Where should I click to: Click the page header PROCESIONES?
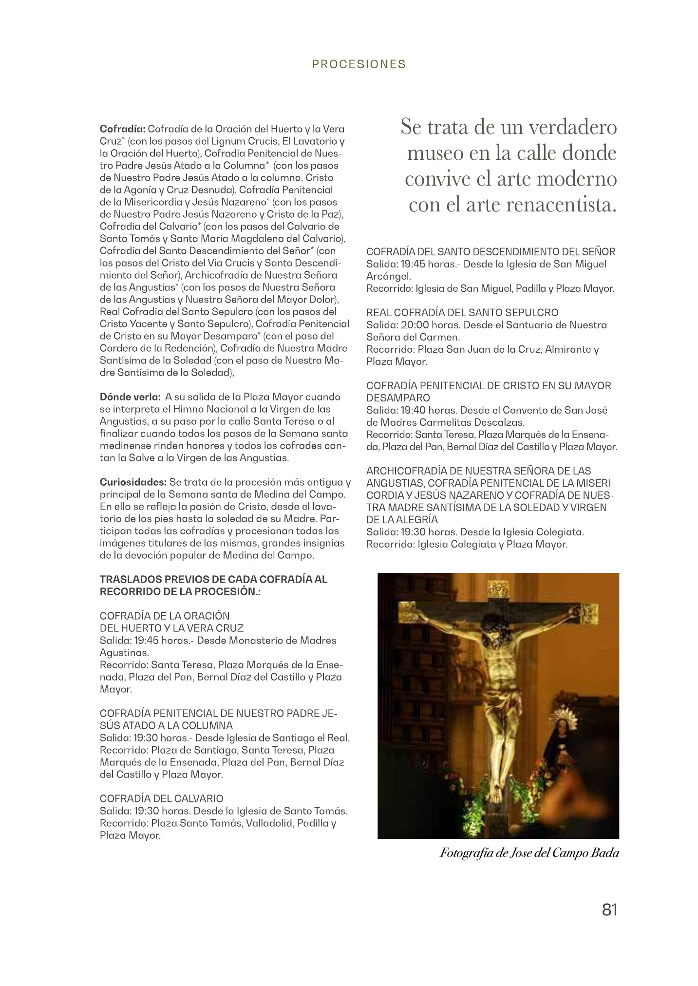click(359, 64)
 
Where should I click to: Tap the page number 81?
click(609, 910)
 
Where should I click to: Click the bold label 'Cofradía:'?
click(122, 129)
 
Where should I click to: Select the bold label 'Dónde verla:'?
click(130, 397)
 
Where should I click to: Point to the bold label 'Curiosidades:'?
click(133, 482)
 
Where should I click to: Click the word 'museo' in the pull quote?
click(434, 153)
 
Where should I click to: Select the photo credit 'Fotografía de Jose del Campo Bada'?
click(529, 853)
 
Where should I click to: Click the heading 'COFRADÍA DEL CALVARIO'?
click(161, 798)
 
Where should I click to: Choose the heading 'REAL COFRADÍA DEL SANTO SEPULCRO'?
click(462, 313)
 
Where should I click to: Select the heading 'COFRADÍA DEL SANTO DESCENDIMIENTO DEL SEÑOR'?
click(490, 252)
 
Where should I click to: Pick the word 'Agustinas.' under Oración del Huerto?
click(124, 653)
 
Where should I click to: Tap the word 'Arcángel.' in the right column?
click(389, 276)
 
